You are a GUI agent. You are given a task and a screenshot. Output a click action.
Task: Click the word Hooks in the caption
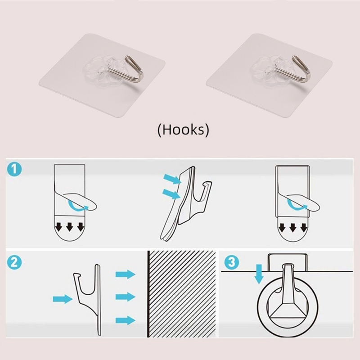pyautogui.click(x=183, y=130)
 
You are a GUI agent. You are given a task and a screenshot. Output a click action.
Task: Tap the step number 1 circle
pyautogui.click(x=14, y=170)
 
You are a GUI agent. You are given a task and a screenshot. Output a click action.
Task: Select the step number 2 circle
pyautogui.click(x=14, y=262)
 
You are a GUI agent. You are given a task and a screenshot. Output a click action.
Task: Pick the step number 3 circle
pyautogui.click(x=232, y=262)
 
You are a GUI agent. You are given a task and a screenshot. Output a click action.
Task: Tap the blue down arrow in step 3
pyautogui.click(x=259, y=274)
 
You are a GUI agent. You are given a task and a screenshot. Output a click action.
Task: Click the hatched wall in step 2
pyautogui.click(x=182, y=294)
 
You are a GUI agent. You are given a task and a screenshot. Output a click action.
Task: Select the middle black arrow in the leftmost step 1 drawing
pyautogui.click(x=70, y=227)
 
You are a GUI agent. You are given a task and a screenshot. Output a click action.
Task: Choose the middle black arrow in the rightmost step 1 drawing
pyautogui.click(x=293, y=227)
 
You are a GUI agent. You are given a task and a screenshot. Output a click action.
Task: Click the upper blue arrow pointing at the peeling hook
pyautogui.click(x=172, y=179)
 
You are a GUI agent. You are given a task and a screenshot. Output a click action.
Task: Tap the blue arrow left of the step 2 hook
pyautogui.click(x=63, y=299)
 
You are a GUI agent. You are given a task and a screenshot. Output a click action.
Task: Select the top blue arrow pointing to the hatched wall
pyautogui.click(x=126, y=274)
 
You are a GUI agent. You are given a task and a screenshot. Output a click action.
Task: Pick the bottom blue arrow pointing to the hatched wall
pyautogui.click(x=126, y=320)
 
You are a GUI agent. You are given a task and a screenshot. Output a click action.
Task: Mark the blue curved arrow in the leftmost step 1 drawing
pyautogui.click(x=78, y=206)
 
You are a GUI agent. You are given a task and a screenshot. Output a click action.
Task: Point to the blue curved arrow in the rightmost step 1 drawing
pyautogui.click(x=298, y=206)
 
